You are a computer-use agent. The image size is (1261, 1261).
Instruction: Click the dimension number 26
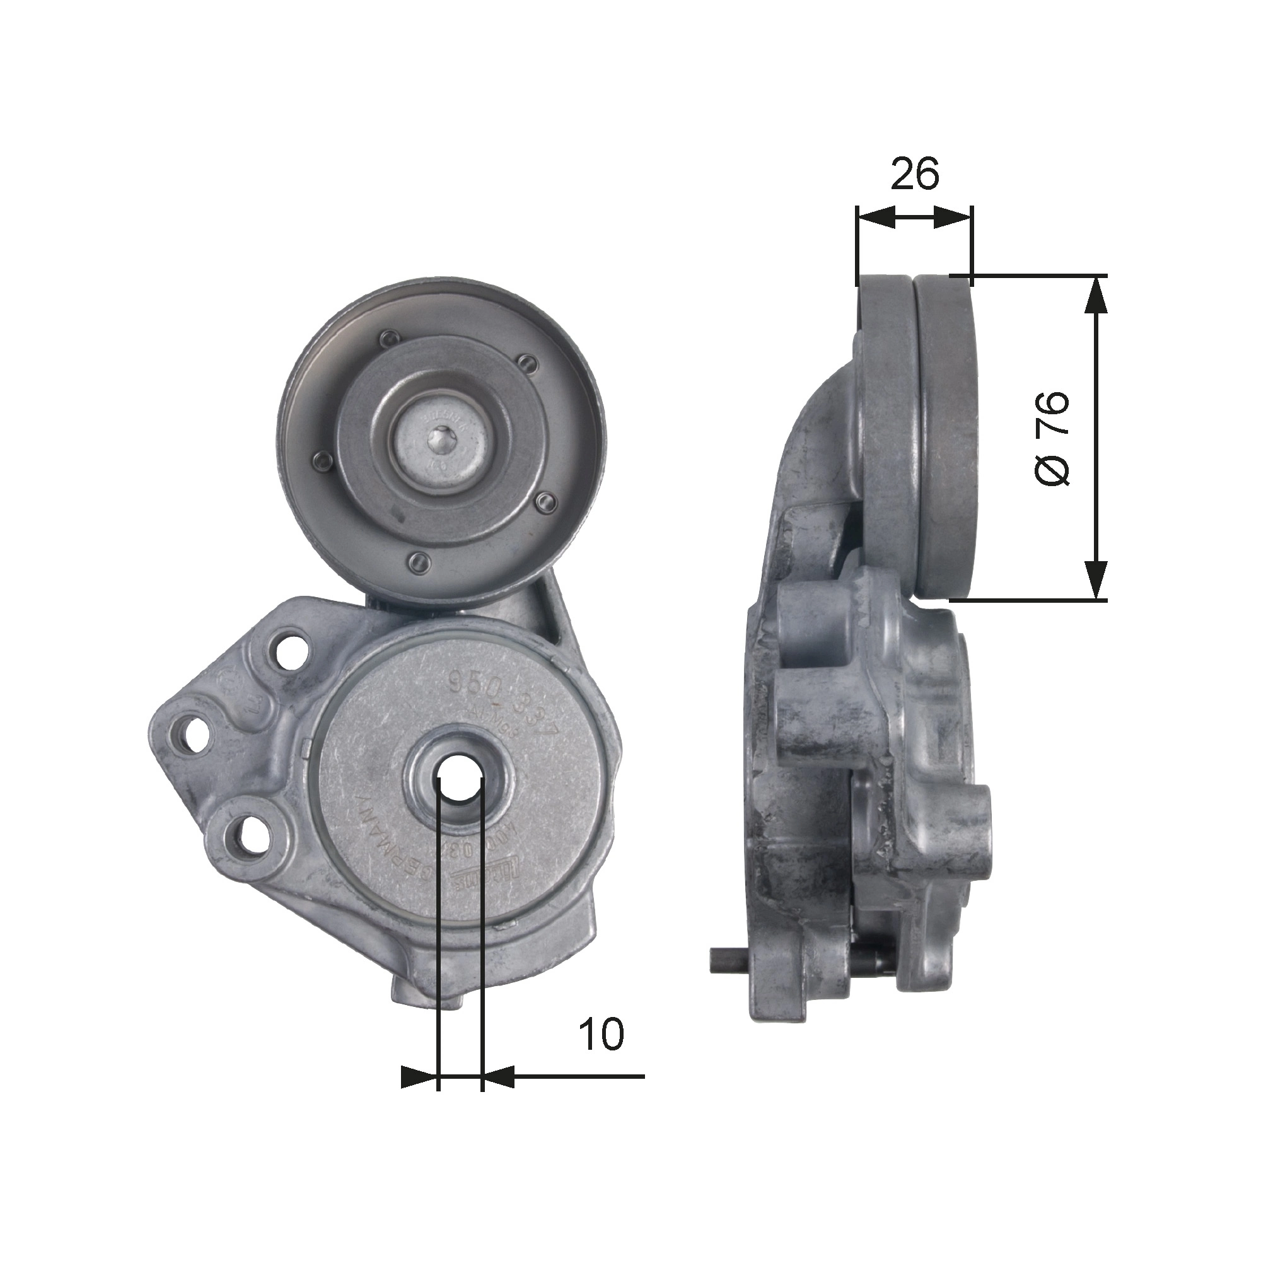(914, 174)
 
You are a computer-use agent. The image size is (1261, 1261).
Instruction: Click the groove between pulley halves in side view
(914, 431)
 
